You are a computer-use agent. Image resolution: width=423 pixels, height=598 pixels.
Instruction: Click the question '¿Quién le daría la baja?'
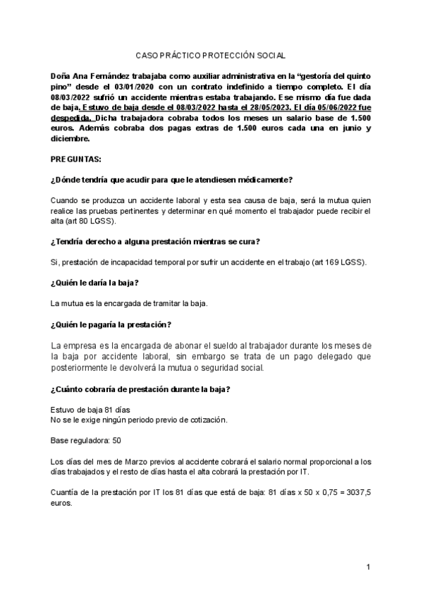[x=94, y=283]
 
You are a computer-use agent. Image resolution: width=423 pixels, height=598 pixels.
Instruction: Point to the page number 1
[x=368, y=568]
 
